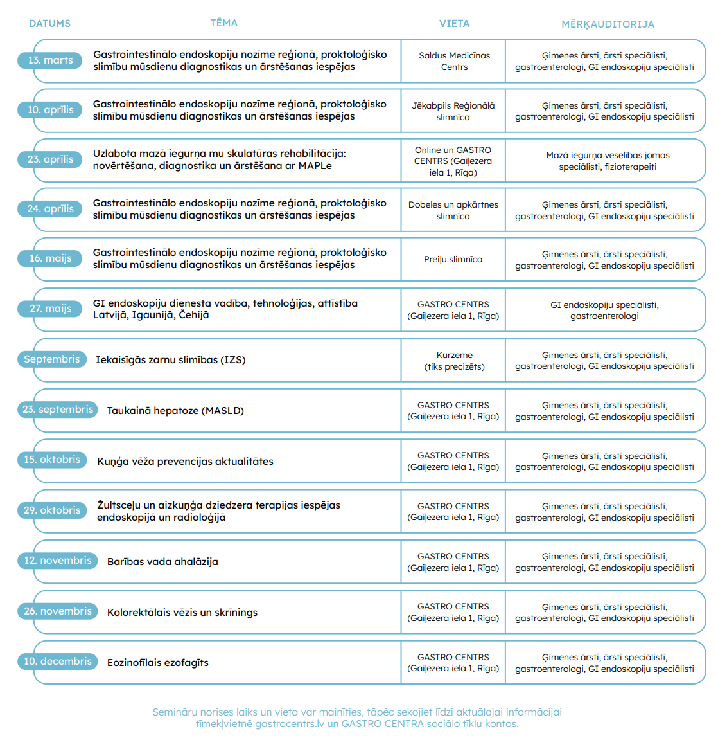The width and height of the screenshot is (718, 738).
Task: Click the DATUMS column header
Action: coord(49,24)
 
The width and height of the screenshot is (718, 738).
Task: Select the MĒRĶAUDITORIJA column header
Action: coord(608,24)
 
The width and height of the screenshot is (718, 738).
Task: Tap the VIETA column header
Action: coord(454,24)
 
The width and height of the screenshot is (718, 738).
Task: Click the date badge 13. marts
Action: coord(50,60)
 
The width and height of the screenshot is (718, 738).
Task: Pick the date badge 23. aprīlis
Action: coord(50,159)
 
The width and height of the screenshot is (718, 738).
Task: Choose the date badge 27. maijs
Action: coord(50,309)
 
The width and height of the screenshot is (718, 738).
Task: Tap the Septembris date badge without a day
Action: coord(52,359)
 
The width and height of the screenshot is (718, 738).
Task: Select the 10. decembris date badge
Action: coord(57,661)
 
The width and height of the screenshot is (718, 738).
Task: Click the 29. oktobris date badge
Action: coord(52,510)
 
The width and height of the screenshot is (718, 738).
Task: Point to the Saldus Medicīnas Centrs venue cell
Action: coord(454,61)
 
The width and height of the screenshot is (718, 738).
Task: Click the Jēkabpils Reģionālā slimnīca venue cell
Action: coord(453,111)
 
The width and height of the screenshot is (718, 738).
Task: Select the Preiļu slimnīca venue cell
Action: coord(453,259)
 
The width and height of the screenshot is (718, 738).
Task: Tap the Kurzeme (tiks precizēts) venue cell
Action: coord(454,361)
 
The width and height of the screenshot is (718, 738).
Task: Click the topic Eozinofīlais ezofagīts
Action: coord(158,663)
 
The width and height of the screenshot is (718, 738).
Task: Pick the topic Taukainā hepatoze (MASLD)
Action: coord(175,410)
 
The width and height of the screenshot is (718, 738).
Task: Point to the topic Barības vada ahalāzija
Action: coord(162,561)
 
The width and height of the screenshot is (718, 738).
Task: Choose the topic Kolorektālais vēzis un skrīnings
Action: coord(182,613)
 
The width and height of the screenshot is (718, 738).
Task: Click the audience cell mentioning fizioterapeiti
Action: coord(608,161)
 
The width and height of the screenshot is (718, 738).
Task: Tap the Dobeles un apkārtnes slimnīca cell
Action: coord(453,210)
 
